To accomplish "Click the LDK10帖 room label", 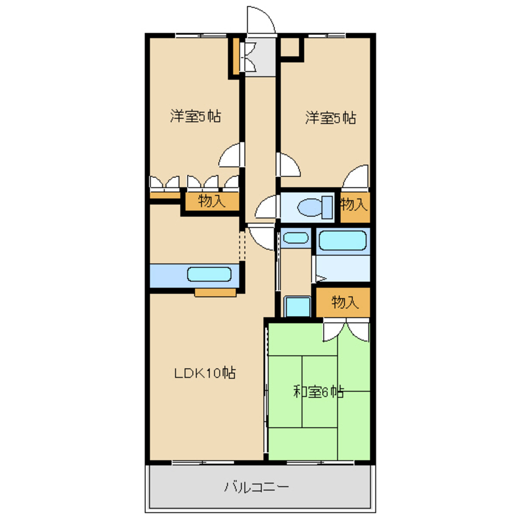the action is pyautogui.click(x=205, y=373).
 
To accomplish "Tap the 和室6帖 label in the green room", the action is pyautogui.click(x=318, y=392).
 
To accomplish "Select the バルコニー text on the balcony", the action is pyautogui.click(x=257, y=487).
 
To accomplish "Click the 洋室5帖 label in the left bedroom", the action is pyautogui.click(x=195, y=116).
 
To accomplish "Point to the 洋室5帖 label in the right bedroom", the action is pyautogui.click(x=330, y=118).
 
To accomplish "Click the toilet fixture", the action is pyautogui.click(x=315, y=207).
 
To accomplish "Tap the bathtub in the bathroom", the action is pyautogui.click(x=342, y=241).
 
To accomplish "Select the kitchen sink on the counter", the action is pyautogui.click(x=209, y=274).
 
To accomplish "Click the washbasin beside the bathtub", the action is pyautogui.click(x=296, y=238).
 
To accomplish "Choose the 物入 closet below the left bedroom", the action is pyautogui.click(x=212, y=201).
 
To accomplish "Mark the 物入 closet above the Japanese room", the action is pyautogui.click(x=343, y=302).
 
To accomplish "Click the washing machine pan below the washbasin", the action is pyautogui.click(x=297, y=306).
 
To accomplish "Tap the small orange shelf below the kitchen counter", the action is pyautogui.click(x=215, y=293).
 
